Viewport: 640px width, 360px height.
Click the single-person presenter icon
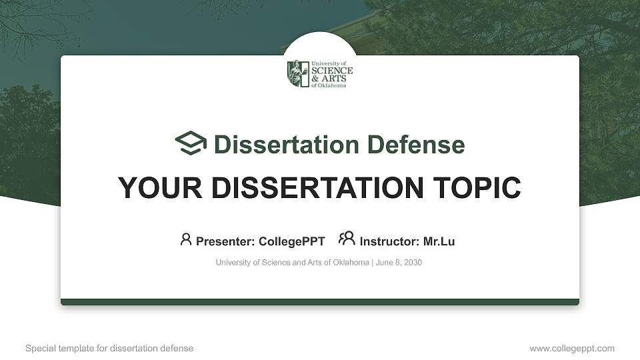[x=186, y=239]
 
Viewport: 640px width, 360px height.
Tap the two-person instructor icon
[x=347, y=239]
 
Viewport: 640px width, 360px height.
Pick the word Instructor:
[x=389, y=241]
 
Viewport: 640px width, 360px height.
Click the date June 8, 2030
[x=399, y=263]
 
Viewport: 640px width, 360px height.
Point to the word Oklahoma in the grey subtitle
[x=350, y=263]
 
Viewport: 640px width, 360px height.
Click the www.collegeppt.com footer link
[x=572, y=348]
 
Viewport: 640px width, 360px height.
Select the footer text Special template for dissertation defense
[x=109, y=348]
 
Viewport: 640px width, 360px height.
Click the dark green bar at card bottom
[x=320, y=302]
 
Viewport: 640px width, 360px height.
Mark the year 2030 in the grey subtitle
[x=413, y=263]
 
